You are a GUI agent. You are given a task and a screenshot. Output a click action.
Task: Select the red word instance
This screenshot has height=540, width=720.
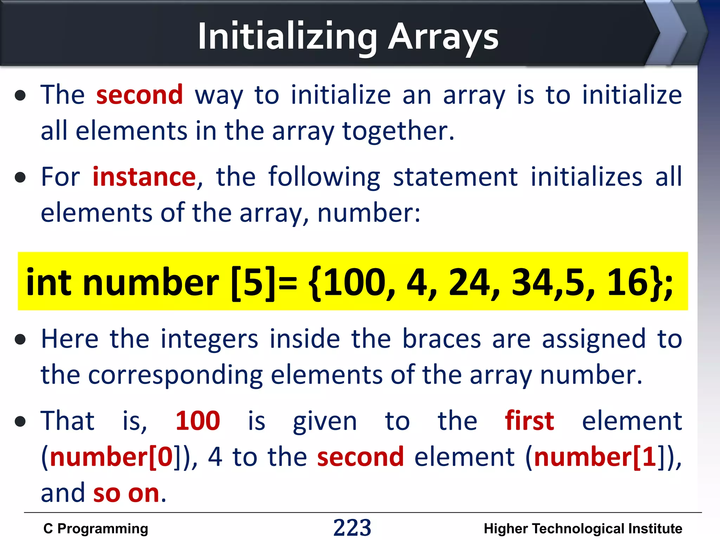[144, 176]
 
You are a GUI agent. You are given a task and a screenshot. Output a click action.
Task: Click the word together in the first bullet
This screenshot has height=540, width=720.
[398, 131]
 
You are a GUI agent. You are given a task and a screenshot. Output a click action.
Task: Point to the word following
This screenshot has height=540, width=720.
[324, 177]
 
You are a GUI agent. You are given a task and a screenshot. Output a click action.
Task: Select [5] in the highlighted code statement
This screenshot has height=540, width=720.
[253, 282]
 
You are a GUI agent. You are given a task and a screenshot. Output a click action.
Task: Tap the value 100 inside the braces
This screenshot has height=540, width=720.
[355, 282]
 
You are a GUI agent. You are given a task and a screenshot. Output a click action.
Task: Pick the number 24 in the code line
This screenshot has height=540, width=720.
[470, 282]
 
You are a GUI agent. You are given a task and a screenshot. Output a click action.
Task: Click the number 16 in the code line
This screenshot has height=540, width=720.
[628, 282]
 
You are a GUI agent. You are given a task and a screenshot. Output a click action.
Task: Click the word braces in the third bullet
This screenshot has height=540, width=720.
[442, 339]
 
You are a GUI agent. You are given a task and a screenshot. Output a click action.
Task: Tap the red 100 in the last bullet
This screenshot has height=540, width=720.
[198, 421]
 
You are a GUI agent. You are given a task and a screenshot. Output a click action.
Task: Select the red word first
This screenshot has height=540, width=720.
[529, 421]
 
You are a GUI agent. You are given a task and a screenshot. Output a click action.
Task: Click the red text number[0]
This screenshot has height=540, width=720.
[112, 457]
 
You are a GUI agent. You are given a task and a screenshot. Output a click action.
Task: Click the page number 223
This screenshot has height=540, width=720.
[352, 528]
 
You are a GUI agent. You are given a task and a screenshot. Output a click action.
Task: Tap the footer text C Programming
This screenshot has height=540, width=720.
[96, 529]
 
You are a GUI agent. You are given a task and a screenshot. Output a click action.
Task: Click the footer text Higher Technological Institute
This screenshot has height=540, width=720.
[583, 529]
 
